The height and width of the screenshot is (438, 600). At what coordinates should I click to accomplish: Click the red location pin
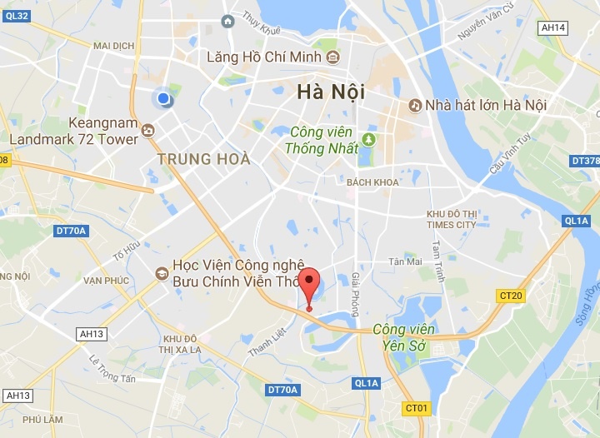point(309,287)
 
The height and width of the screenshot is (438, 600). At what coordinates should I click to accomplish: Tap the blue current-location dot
point(163,99)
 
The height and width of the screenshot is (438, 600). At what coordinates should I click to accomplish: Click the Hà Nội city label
point(331,92)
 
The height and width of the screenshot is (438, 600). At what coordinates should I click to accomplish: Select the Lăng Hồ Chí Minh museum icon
point(333,57)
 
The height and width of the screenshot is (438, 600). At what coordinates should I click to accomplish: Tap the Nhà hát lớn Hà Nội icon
point(414,106)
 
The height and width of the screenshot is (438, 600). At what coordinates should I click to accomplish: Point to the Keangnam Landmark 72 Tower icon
point(148,130)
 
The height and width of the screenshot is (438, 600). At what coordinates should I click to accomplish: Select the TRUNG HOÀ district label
point(204,158)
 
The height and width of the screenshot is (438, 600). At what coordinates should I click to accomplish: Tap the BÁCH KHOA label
point(372,182)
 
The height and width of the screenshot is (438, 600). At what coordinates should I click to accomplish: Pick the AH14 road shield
point(552,27)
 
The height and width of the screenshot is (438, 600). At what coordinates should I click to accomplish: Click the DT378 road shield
point(585,161)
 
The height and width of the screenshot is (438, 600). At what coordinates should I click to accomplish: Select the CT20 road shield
point(510,296)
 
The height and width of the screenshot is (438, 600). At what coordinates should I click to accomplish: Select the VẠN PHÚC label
point(106,281)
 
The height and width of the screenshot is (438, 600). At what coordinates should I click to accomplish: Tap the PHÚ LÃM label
point(44,421)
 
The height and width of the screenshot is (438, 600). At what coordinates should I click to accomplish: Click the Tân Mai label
point(405,261)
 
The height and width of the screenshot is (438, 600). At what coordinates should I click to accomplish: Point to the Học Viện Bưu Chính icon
point(162,272)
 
